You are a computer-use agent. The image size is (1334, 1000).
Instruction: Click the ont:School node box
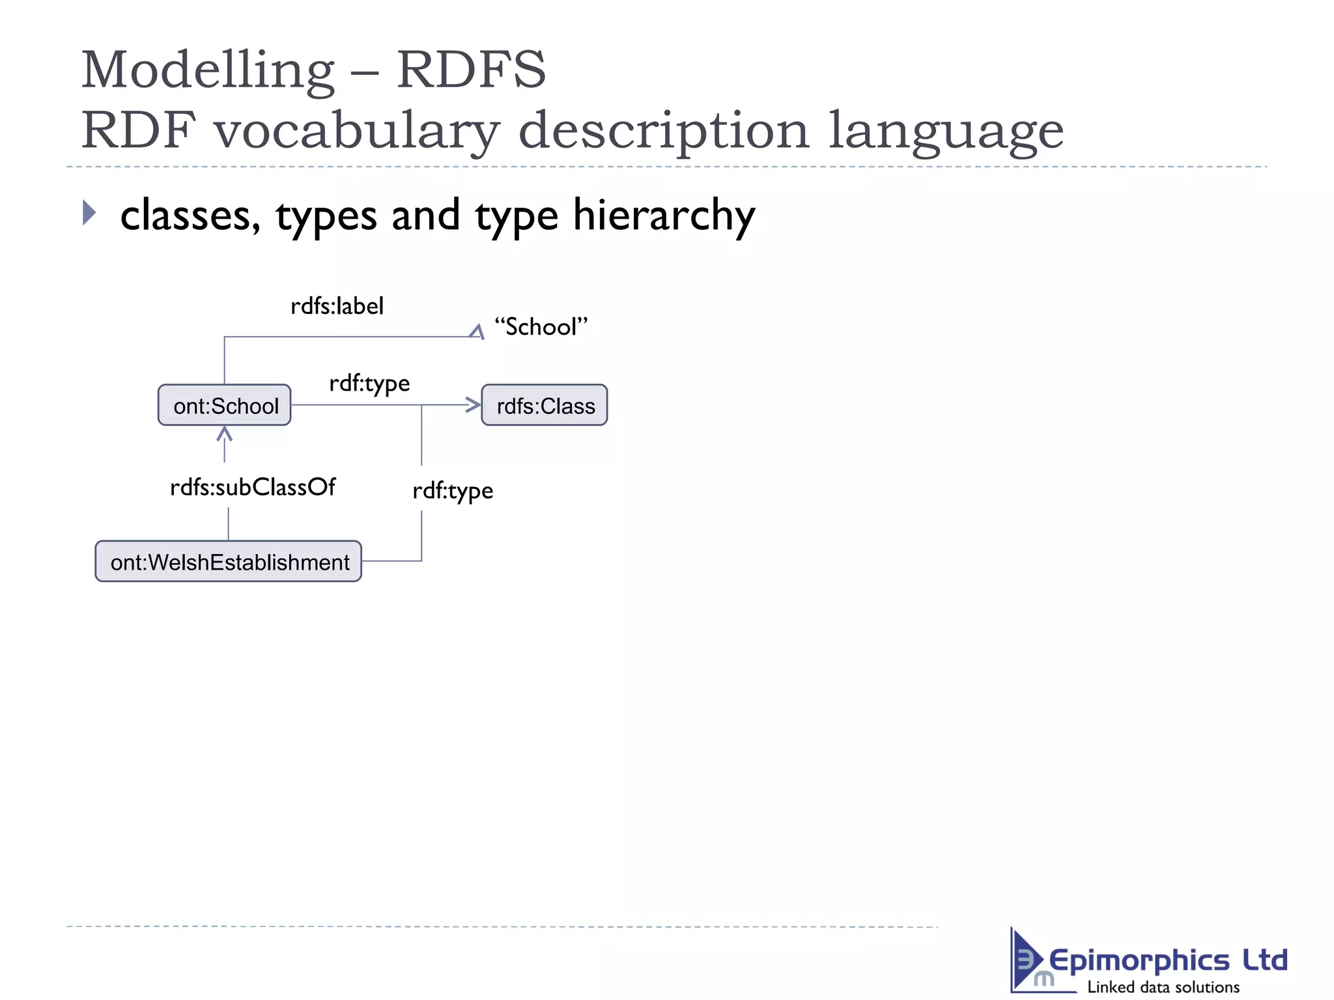225,405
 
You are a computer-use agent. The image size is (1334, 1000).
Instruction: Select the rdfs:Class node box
545,405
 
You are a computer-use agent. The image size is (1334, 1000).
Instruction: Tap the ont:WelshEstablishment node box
229,561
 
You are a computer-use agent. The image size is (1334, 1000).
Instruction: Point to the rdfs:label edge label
337,306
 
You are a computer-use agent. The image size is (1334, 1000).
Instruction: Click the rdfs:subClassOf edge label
253,487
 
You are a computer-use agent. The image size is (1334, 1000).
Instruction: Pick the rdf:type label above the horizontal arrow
369,383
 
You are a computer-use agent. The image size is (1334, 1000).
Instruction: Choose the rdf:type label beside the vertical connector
453,491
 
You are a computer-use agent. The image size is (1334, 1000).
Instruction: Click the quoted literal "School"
541,327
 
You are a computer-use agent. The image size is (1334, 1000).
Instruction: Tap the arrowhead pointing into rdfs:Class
474,405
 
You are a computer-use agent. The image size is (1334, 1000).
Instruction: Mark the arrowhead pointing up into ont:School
225,434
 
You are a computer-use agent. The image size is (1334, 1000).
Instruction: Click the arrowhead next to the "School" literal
477,332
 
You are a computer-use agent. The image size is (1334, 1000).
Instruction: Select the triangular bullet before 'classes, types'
89,213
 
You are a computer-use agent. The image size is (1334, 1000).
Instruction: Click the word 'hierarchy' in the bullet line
664,215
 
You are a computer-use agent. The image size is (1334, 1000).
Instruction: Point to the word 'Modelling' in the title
207,70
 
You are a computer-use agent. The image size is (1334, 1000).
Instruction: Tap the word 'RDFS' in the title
472,70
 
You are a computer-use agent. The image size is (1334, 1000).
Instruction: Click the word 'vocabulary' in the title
357,131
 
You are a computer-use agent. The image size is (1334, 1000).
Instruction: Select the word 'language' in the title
946,131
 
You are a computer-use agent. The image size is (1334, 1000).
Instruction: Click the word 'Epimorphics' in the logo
1139,960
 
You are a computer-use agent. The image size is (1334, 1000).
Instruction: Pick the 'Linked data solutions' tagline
1163,987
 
